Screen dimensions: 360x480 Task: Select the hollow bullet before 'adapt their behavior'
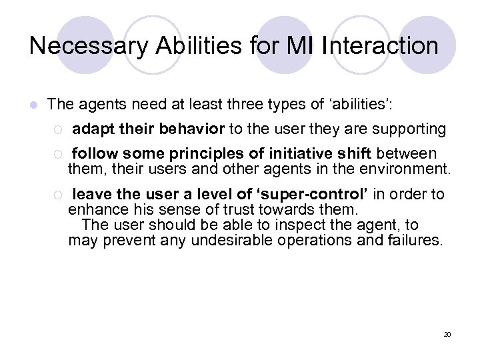pyautogui.click(x=58, y=129)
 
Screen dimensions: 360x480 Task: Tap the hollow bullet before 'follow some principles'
pyautogui.click(x=58, y=155)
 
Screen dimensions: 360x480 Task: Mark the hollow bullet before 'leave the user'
pyautogui.click(x=58, y=195)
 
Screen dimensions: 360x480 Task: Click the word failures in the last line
pyautogui.click(x=415, y=239)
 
